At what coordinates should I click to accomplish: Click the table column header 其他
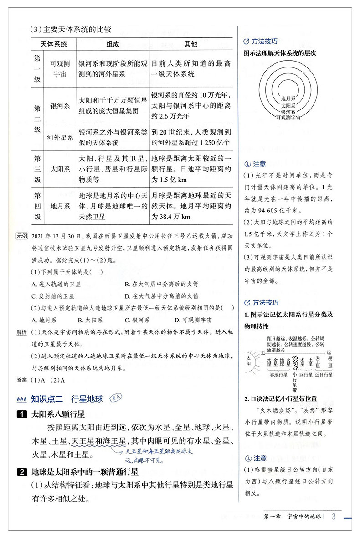point(190,44)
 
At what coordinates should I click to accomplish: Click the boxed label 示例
point(22,236)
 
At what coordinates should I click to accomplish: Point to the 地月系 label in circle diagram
point(288,98)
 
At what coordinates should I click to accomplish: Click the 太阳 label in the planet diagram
point(248,359)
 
